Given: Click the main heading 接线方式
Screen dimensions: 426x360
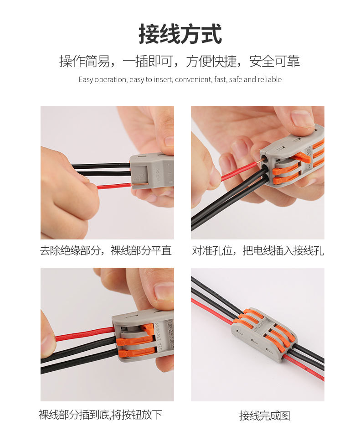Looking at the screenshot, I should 180,35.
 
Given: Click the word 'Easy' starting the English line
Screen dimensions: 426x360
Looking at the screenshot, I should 86,80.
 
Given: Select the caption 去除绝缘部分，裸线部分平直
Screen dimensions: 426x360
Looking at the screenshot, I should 106,250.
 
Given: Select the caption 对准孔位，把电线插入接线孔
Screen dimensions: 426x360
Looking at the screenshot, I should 258,250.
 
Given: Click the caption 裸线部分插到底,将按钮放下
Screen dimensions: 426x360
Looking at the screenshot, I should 100,415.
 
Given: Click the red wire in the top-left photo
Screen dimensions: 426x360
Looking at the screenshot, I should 114,186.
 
